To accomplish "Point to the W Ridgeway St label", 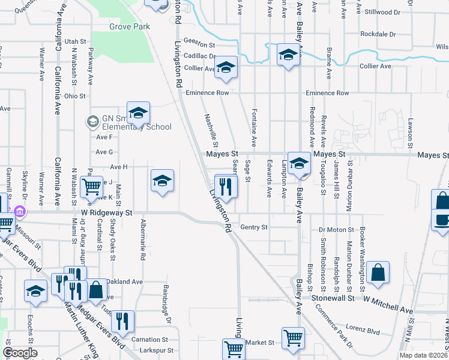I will tap(106, 213).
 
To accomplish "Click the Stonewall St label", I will tap(331, 297).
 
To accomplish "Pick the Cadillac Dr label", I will tap(199, 56).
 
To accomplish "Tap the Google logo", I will tap(20, 353).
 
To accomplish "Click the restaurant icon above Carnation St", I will tap(122, 322).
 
